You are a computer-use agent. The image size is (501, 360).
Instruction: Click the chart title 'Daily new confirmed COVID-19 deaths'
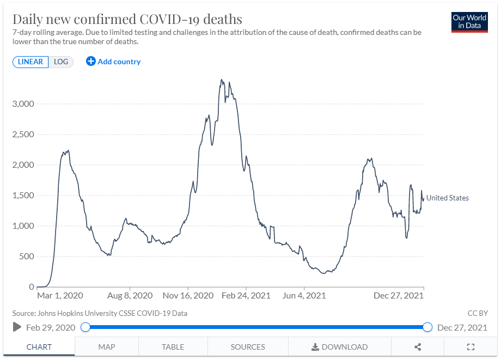coord(127,20)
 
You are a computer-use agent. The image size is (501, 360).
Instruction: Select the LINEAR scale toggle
coord(30,62)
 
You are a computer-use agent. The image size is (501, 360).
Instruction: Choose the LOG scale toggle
coord(61,62)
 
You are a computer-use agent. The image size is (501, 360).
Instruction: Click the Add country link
coord(113,62)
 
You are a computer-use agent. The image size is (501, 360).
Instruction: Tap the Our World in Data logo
coord(469,22)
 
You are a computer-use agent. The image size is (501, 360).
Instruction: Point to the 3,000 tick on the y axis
coord(24,104)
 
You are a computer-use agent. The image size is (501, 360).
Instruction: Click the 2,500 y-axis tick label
coord(24,135)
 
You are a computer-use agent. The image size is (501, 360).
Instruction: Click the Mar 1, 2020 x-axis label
coord(60,296)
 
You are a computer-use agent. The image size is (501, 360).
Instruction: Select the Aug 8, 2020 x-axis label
coord(130,296)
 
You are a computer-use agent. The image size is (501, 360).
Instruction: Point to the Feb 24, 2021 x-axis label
coord(246,296)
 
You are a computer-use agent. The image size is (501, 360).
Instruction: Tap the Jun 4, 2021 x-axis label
coord(304,296)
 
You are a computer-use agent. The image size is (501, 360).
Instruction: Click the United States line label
coord(447,198)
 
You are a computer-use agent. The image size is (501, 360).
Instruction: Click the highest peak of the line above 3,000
coord(221,80)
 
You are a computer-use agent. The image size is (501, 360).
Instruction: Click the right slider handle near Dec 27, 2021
coord(427,327)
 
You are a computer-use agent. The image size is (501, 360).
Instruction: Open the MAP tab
coord(107,347)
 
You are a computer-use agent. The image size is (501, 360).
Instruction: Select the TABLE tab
coord(173,347)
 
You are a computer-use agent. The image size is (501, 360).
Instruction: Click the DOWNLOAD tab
coord(339,347)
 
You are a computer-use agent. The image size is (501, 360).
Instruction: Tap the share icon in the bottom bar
coord(418,347)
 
